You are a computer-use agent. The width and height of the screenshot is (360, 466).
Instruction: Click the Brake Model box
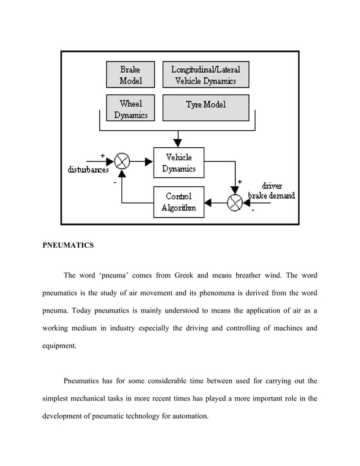click(130, 74)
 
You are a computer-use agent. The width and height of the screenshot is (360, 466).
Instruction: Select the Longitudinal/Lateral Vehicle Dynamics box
click(205, 74)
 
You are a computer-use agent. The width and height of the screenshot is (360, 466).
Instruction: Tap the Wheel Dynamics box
click(130, 108)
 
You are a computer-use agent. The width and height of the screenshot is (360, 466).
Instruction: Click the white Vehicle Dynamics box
click(179, 162)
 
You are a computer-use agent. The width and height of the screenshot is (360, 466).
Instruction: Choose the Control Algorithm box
click(179, 201)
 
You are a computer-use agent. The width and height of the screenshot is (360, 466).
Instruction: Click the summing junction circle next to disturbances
click(122, 162)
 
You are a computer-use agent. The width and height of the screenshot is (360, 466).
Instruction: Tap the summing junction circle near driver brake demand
click(236, 201)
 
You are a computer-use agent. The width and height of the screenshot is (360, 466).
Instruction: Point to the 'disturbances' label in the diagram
click(88, 170)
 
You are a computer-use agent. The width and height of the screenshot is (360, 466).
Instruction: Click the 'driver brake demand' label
click(271, 191)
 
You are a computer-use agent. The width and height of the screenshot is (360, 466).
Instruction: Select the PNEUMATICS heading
click(68, 246)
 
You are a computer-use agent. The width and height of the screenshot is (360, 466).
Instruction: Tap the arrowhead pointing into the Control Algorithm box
click(208, 201)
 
